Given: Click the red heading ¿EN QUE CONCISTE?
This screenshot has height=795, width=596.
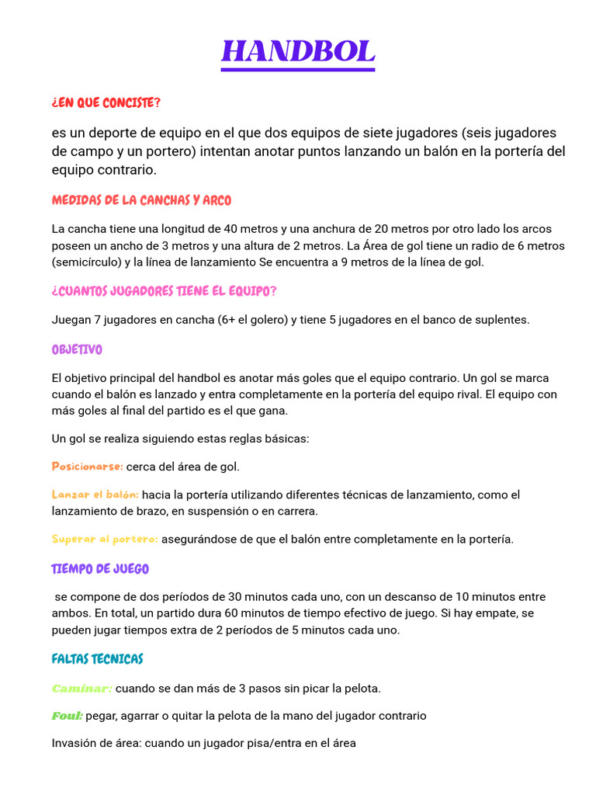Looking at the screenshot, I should point(106,103).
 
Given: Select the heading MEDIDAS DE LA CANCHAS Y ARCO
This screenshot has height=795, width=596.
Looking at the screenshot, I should point(141,200).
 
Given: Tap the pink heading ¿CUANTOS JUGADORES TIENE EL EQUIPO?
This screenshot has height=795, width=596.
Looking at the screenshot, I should point(164,291).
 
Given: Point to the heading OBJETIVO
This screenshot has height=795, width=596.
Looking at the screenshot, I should point(77,350).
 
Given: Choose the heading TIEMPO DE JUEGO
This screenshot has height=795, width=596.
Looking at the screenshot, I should point(100,569).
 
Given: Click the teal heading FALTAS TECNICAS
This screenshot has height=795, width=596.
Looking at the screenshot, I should point(98,659).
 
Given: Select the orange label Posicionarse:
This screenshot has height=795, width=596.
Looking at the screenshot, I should point(88,467).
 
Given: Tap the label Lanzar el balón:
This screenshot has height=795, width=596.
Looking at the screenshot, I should point(95,495).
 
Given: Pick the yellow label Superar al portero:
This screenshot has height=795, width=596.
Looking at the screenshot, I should point(105,539).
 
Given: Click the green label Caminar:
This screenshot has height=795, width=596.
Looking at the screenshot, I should point(82,688).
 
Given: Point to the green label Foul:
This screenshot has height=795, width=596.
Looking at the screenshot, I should point(67,716).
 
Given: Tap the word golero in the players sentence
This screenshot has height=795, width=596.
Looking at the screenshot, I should point(251,320).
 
